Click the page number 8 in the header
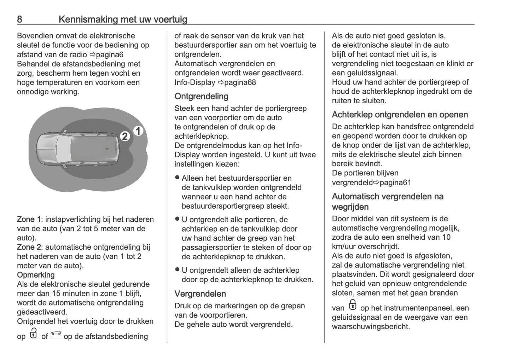pyautogui.click(x=19, y=19)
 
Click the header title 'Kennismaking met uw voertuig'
pyautogui.click(x=123, y=19)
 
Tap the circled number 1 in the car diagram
pyautogui.click(x=138, y=131)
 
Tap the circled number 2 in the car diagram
pyautogui.click(x=125, y=136)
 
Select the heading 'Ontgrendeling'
pyautogui.click(x=201, y=96)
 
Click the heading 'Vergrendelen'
pyautogui.click(x=200, y=294)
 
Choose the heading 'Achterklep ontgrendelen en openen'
pyautogui.click(x=400, y=115)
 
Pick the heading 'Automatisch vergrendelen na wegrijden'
pyautogui.click(x=388, y=202)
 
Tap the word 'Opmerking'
pyautogui.click(x=36, y=275)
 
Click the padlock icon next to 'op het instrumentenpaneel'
pyautogui.click(x=353, y=305)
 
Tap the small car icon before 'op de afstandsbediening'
pyautogui.click(x=56, y=333)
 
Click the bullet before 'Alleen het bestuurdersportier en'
pyautogui.click(x=178, y=178)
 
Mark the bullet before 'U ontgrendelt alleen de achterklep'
pyautogui.click(x=178, y=270)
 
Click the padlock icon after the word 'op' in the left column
pyautogui.click(x=33, y=333)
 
